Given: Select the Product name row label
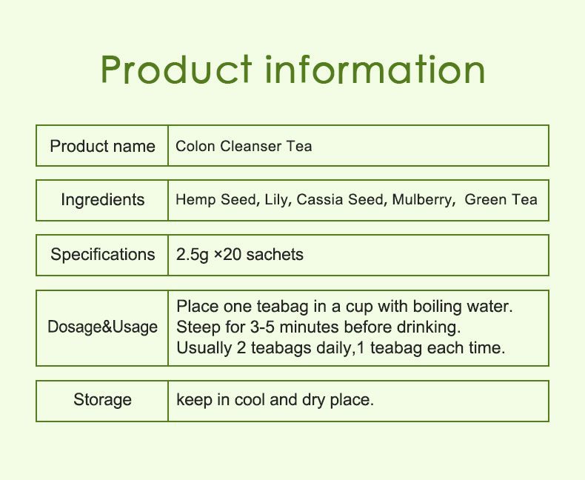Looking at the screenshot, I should click(102, 146).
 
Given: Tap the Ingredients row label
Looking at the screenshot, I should click(102, 200).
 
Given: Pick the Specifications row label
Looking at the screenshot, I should click(102, 255).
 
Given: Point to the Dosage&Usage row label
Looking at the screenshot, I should click(102, 327).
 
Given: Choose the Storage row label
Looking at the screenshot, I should click(102, 401).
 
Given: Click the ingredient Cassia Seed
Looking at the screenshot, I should click(340, 200).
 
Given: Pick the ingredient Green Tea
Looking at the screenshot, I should click(501, 200).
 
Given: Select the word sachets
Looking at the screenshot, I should click(275, 255).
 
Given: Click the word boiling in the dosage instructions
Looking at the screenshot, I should click(436, 306).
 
